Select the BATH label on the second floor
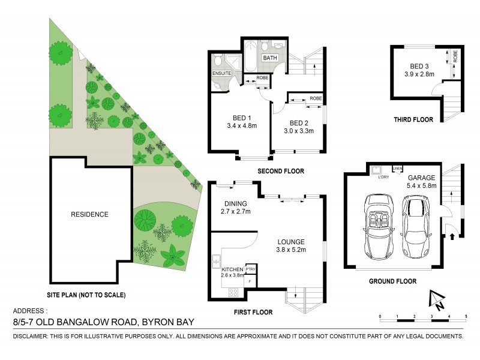click(269, 58)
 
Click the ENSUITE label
click(221, 74)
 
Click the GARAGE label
click(421, 178)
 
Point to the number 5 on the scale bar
click(466, 316)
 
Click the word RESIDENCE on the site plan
click(89, 214)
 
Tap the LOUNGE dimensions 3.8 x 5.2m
click(291, 250)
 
